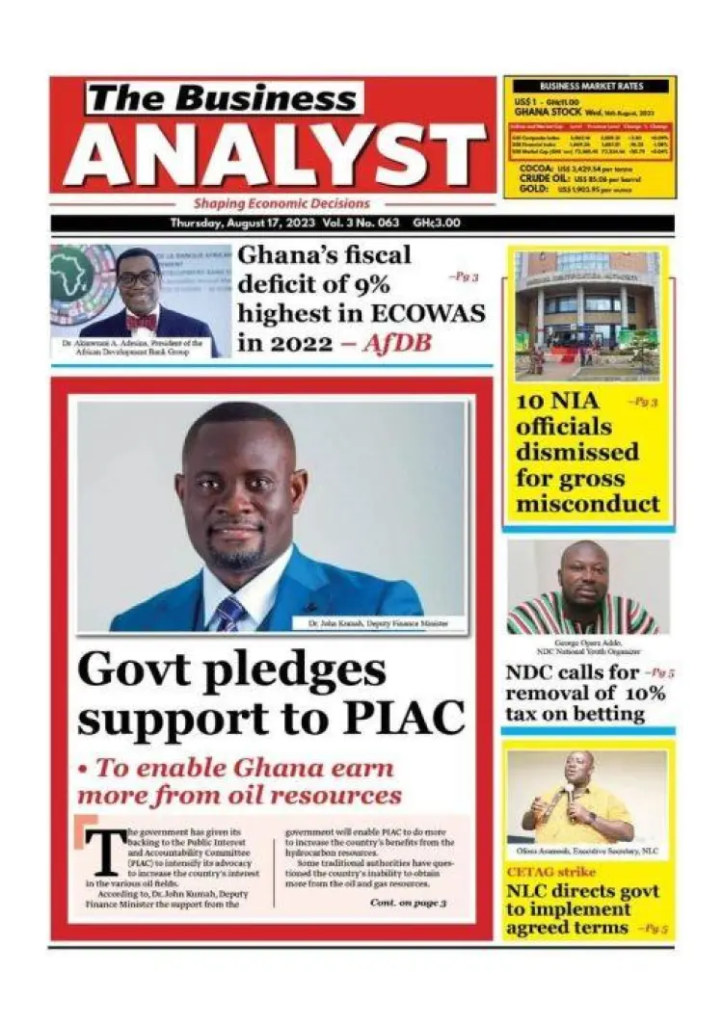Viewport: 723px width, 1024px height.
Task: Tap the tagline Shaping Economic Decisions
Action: click(x=281, y=204)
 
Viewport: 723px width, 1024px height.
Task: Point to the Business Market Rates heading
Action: click(x=590, y=86)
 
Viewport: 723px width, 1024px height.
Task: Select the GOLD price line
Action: click(x=570, y=190)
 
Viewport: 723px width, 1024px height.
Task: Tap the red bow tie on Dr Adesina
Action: click(x=143, y=321)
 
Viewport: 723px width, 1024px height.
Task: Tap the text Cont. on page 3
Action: click(x=407, y=903)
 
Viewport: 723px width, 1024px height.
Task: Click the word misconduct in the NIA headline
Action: click(x=588, y=504)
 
